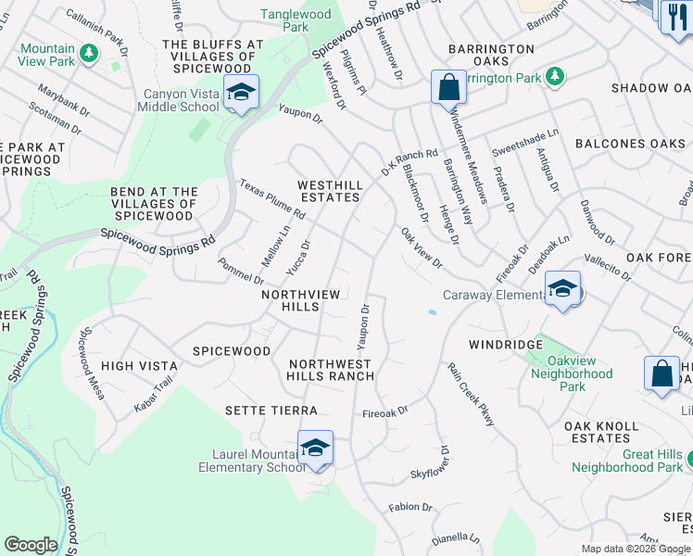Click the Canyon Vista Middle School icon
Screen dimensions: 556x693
(241, 93)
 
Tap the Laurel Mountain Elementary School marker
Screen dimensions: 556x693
(315, 449)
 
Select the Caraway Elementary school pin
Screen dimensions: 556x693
(562, 289)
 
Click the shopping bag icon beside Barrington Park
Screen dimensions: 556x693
(448, 87)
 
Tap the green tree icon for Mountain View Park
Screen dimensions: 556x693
(90, 55)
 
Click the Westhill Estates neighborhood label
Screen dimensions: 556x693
(328, 191)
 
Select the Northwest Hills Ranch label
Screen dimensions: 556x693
(331, 370)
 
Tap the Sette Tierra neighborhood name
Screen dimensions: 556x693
(271, 410)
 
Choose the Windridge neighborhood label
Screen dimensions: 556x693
(505, 344)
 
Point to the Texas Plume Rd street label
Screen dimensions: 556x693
(272, 199)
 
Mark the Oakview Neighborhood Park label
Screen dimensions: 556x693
(572, 380)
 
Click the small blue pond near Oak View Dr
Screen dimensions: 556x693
(433, 312)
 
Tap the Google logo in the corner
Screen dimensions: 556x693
(31, 545)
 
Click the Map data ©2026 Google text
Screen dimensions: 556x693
(636, 549)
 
